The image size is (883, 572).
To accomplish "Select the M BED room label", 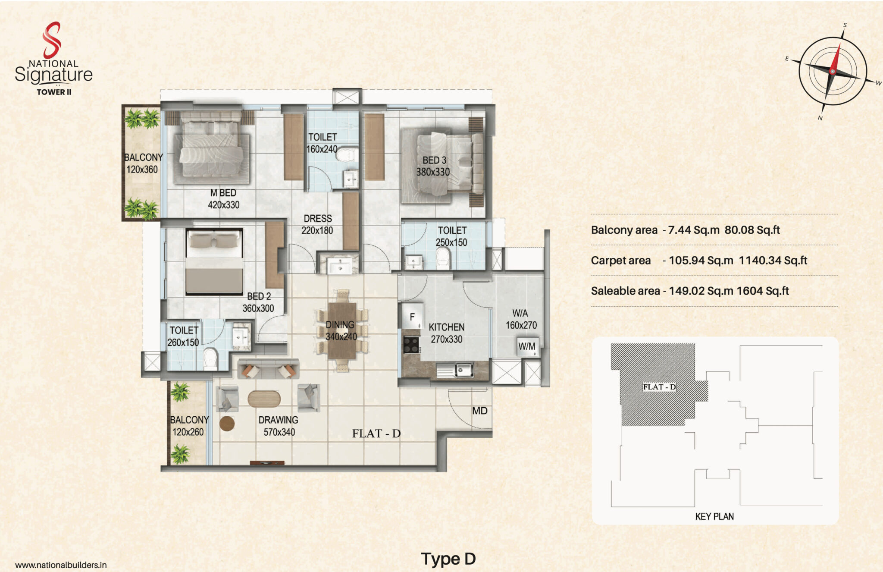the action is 223,193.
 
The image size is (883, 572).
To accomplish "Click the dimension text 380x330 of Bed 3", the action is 433,172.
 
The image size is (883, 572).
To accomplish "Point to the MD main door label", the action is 479,411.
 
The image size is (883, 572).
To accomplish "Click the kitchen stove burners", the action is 411,345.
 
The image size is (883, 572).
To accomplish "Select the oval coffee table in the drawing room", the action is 264,399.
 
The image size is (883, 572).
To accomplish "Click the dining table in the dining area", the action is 342,331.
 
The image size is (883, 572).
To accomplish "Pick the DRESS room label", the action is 318,219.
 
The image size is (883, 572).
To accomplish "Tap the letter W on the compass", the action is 878,83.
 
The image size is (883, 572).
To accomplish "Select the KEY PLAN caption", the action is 714,516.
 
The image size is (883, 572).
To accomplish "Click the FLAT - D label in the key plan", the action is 659,387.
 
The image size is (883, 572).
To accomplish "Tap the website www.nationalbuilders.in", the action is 61,565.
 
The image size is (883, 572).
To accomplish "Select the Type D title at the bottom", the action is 448,559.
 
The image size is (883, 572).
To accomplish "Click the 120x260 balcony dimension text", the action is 188,432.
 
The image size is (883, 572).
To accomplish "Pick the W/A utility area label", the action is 520,313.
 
